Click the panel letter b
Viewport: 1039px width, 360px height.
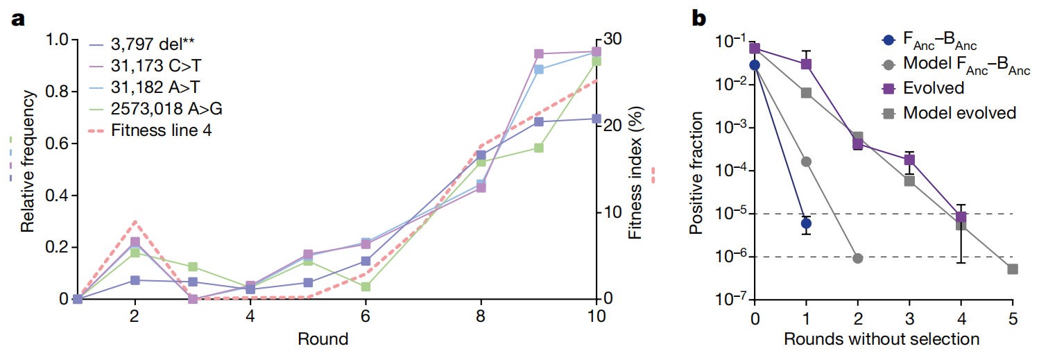(x=698, y=20)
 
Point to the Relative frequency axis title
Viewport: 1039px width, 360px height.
(x=28, y=164)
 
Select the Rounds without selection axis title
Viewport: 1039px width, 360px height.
(x=882, y=339)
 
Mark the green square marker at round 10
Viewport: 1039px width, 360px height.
(x=596, y=62)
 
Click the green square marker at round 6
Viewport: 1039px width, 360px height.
(x=366, y=286)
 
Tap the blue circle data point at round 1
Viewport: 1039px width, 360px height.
(x=806, y=223)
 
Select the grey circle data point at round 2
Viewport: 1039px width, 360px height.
(x=857, y=258)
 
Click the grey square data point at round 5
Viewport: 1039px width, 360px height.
(x=1012, y=269)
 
